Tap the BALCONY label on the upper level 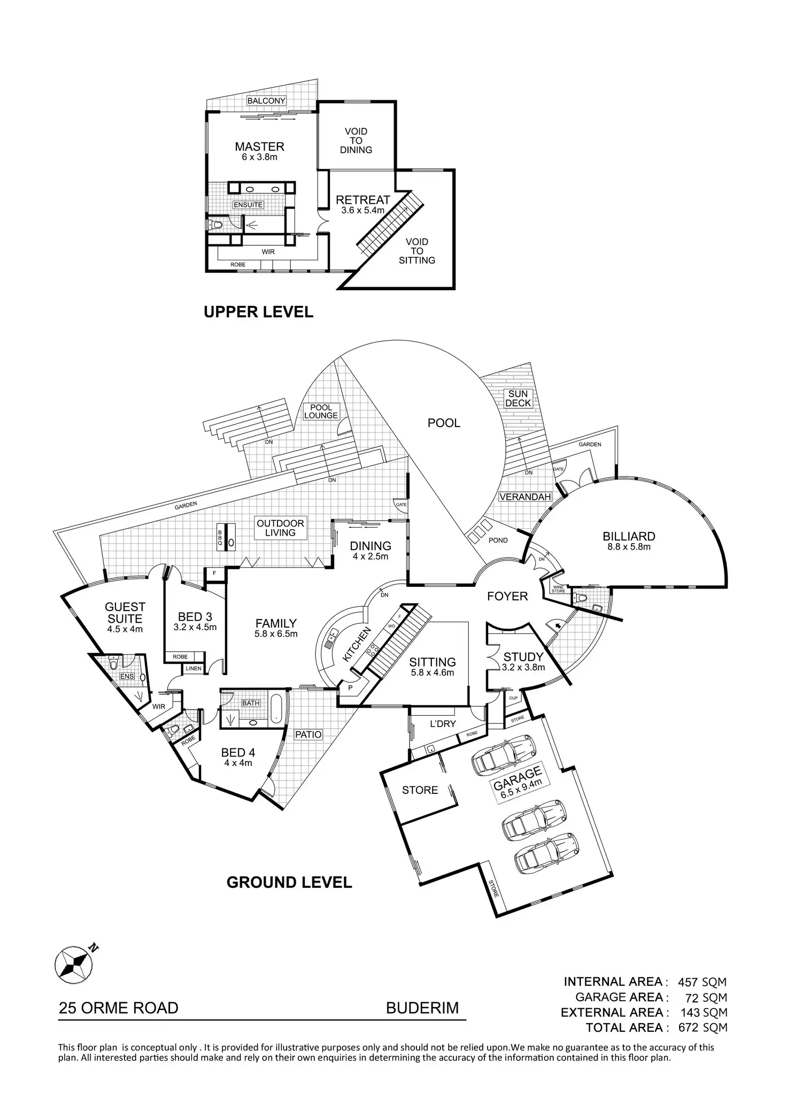point(266,101)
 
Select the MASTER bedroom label point(260,146)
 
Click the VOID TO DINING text point(356,141)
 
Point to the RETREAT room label point(363,200)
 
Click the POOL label point(444,423)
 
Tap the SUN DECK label point(518,398)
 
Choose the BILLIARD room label point(629,536)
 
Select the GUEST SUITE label point(125,613)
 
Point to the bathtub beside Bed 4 point(276,709)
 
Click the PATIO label point(308,734)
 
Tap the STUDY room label point(523,657)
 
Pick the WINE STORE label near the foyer point(558,589)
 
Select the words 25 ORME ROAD point(119,1008)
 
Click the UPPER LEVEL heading point(258,312)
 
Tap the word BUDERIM point(422,1008)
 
